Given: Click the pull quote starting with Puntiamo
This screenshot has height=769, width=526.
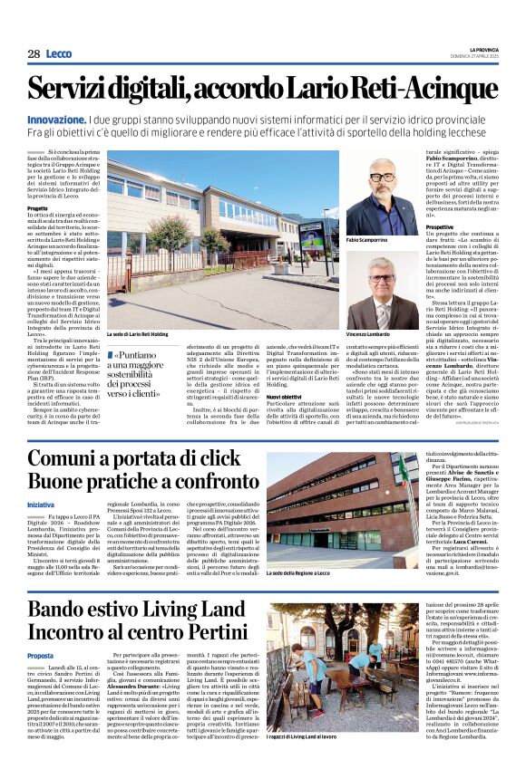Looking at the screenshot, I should (152, 373).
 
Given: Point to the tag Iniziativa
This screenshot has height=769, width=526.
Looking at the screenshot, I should (41, 505).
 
